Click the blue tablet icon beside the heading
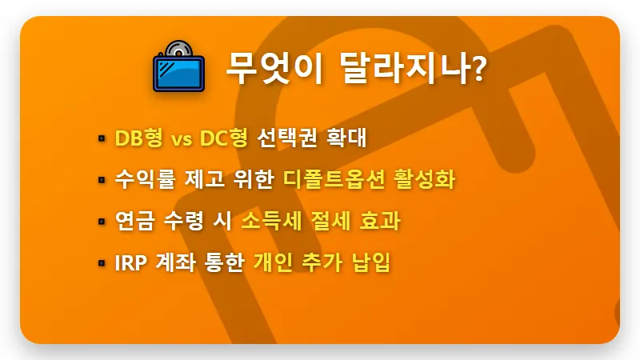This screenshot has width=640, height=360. coord(178,66)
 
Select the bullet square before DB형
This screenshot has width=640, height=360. coord(102,138)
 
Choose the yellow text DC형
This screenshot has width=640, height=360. coord(225,138)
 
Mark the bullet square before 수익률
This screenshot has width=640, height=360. coord(102,179)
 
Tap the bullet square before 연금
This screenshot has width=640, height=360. coord(102,221)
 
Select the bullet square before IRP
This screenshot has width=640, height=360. coord(102,262)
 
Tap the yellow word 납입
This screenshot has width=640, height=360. coord(370,262)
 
